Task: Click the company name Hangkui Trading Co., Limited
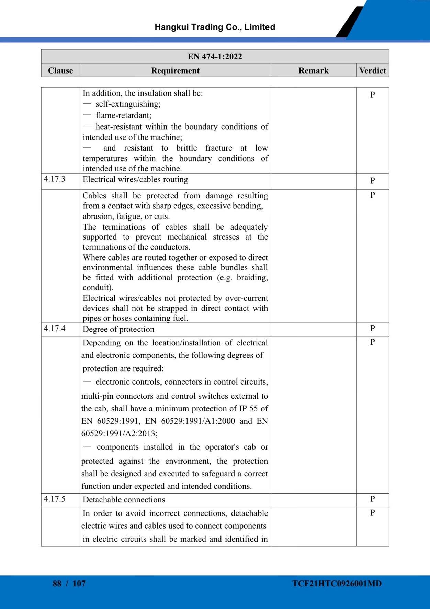(215, 27)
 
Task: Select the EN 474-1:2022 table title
(215, 56)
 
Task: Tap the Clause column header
(60, 70)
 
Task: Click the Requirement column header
(175, 70)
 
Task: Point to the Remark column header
(313, 70)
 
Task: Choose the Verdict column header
(372, 70)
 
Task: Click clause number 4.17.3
(54, 179)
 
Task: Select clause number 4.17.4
(54, 329)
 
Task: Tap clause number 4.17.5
(54, 499)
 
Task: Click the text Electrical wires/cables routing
(135, 179)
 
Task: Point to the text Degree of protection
(118, 329)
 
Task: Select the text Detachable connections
(124, 500)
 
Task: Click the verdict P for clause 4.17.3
(372, 180)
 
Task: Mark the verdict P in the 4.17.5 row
(372, 499)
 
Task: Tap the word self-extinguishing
(128, 104)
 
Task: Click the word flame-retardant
(123, 115)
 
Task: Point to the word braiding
(252, 278)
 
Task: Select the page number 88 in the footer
(57, 583)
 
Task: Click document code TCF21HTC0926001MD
(337, 583)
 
